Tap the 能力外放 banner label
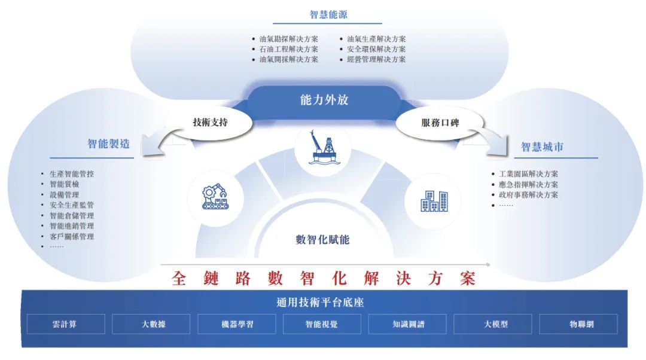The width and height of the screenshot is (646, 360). (x=324, y=99)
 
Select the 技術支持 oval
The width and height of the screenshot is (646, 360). (x=210, y=123)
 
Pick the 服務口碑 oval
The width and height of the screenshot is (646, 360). (x=440, y=123)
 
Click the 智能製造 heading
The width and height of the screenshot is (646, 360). (x=108, y=144)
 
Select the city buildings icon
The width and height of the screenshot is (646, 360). (x=434, y=201)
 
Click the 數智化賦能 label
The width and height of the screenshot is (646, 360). (x=322, y=240)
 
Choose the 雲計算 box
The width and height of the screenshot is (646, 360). (x=65, y=324)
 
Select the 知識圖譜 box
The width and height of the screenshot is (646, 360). (x=408, y=324)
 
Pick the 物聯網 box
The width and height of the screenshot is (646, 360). (x=578, y=324)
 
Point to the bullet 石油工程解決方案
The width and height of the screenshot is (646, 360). (x=288, y=49)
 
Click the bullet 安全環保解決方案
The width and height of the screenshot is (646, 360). (x=376, y=49)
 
